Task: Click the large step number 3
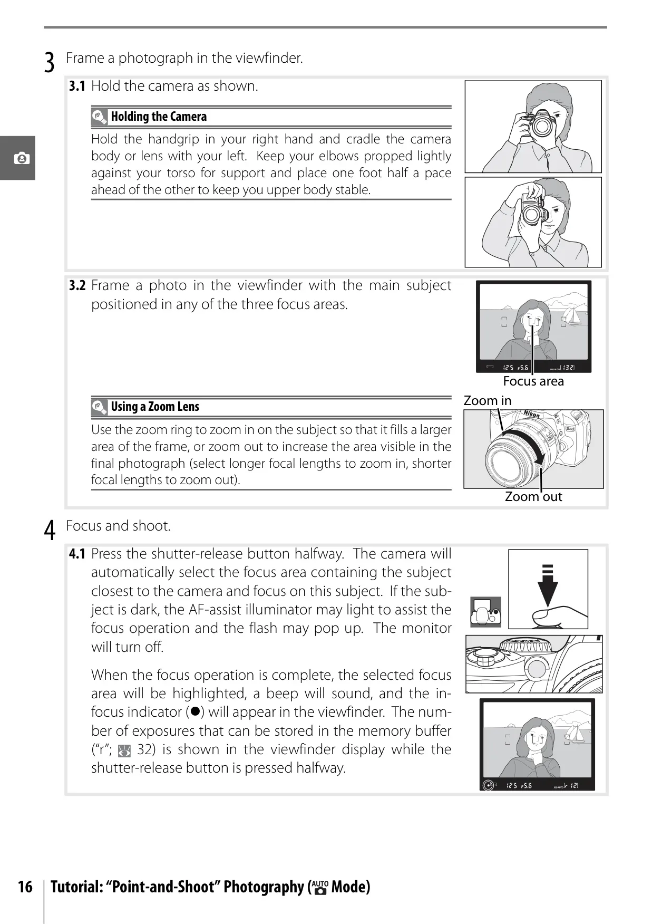pos(49,63)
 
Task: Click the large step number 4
pos(50,531)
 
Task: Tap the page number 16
pos(25,887)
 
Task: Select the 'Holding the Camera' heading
pos(159,117)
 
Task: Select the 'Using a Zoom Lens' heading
pos(155,407)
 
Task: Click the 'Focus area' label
pos(533,381)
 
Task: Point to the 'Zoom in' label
pos(488,400)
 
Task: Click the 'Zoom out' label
pos(533,496)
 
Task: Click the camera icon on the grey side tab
pos(22,158)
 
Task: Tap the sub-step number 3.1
pos(77,86)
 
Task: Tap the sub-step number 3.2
pos(77,285)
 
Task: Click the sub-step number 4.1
pos(77,554)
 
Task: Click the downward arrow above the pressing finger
pos(548,585)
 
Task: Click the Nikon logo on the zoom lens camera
pos(531,414)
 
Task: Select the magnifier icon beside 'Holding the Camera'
pos(99,117)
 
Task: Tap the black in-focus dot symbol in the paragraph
pos(194,711)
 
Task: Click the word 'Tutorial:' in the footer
pos(76,887)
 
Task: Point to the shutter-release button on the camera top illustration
pos(537,668)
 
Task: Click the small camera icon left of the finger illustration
pos(485,612)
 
